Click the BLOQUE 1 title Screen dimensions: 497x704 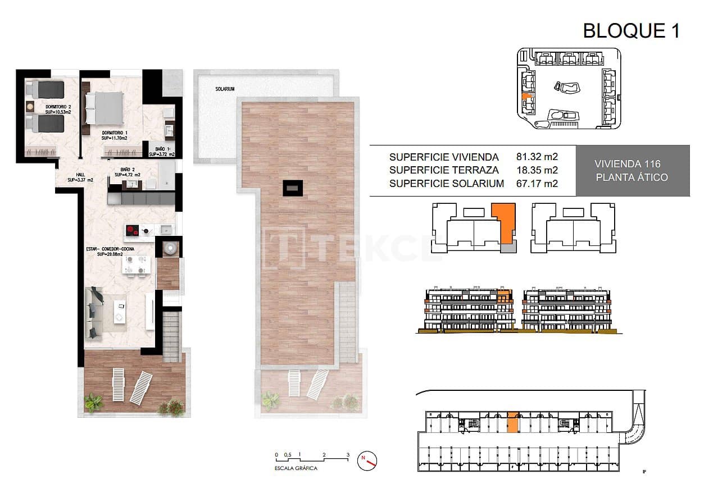coord(631,30)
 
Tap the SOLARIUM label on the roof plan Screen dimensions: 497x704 coord(225,89)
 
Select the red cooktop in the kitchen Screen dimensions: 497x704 coord(133,229)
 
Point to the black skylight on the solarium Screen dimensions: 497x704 coord(293,188)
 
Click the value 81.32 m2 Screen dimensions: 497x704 coord(537,157)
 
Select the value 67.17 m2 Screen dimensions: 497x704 coord(537,183)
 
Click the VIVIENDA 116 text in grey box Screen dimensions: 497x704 coord(627,164)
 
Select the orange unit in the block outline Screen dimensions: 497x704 coord(503,222)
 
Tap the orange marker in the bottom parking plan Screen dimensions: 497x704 coord(512,422)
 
